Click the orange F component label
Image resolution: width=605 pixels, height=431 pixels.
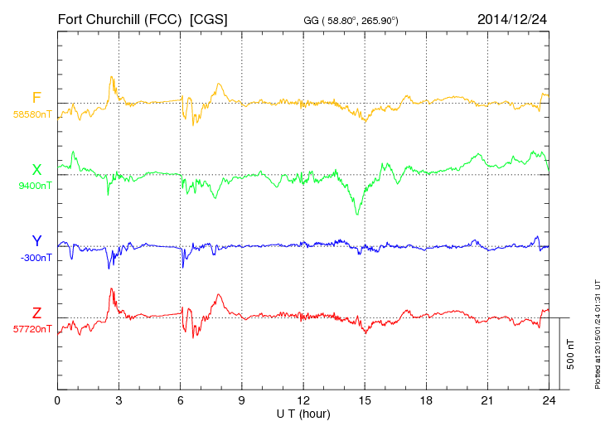[36, 98]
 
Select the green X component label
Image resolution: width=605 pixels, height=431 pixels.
[36, 170]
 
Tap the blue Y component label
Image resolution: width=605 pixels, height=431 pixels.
[36, 241]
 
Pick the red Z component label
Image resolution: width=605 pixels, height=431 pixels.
[36, 312]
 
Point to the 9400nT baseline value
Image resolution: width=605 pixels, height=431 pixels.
[35, 186]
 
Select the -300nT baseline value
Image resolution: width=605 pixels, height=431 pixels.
[35, 257]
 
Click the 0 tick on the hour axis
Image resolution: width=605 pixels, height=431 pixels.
[57, 400]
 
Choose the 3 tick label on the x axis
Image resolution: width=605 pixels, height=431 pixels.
[119, 400]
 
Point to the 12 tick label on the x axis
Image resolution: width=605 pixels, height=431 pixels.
[303, 400]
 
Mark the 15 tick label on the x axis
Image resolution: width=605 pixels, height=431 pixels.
[365, 400]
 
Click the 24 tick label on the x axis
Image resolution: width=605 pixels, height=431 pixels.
[549, 400]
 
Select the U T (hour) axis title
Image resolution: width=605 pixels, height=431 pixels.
[303, 413]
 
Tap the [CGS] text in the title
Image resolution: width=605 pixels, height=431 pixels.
[209, 17]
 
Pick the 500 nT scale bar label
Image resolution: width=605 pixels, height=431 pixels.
[572, 354]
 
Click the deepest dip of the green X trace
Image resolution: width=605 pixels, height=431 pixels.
[357, 215]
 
